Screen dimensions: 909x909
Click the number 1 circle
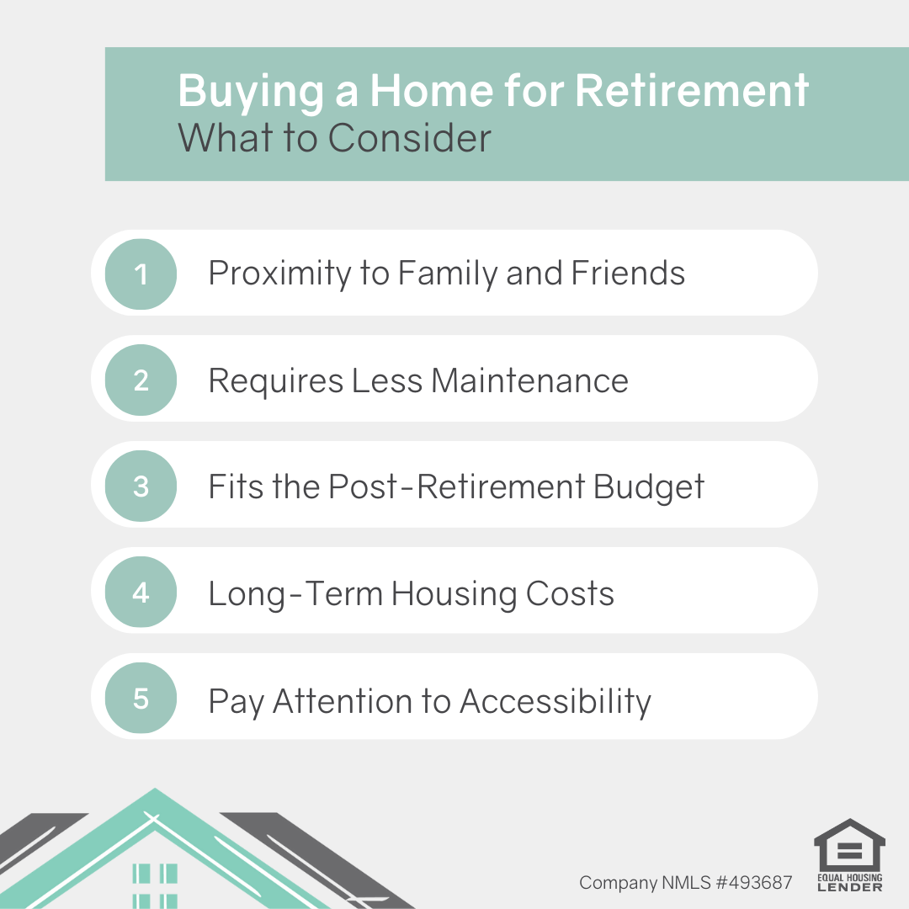coord(141,274)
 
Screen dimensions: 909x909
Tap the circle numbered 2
coord(141,380)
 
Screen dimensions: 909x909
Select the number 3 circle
coord(141,486)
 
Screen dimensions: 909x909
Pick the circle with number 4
coord(141,592)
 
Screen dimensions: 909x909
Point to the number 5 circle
coord(141,698)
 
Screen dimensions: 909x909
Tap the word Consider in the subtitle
coord(409,138)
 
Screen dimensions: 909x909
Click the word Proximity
coord(278,274)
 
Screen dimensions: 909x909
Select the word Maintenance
coord(530,381)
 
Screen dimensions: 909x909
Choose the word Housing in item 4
coord(454,594)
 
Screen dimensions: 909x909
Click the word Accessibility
coord(555,702)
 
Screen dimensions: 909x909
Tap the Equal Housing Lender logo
coord(849,855)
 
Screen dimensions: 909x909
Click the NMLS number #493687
coord(754,882)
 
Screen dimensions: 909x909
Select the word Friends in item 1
coord(628,273)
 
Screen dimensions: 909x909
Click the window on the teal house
coord(155,885)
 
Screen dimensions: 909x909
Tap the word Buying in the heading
coord(251,92)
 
